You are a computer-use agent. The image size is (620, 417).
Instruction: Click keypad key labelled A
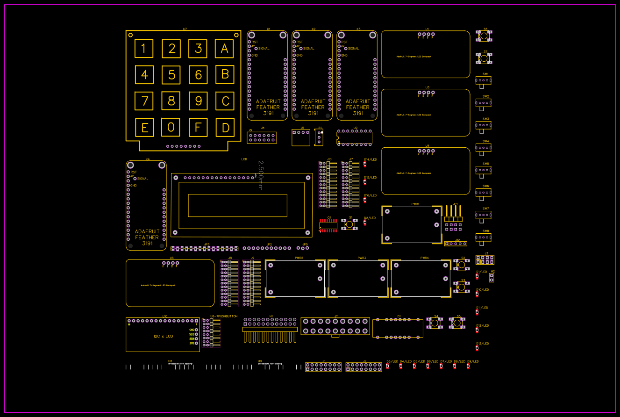point(224,48)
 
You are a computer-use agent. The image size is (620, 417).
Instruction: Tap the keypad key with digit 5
point(172,75)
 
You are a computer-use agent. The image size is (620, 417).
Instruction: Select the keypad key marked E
point(145,128)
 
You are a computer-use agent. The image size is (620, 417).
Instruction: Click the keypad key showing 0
point(171,127)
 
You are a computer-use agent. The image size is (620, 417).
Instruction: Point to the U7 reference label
point(185,29)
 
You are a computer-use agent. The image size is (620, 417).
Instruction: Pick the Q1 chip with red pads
point(328,225)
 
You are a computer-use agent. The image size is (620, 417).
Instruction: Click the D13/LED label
point(482,344)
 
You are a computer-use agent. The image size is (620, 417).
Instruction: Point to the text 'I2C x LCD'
point(163,336)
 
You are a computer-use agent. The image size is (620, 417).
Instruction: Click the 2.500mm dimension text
point(261,175)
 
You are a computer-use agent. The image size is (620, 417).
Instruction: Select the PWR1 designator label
point(415,204)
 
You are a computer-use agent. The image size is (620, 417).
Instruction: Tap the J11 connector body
point(335,326)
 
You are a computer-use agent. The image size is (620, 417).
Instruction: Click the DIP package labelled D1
point(398,328)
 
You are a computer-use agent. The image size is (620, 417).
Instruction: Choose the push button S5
point(458,323)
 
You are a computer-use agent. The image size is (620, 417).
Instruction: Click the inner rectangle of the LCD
point(237,205)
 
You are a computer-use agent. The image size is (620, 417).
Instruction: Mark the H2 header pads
point(492,278)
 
